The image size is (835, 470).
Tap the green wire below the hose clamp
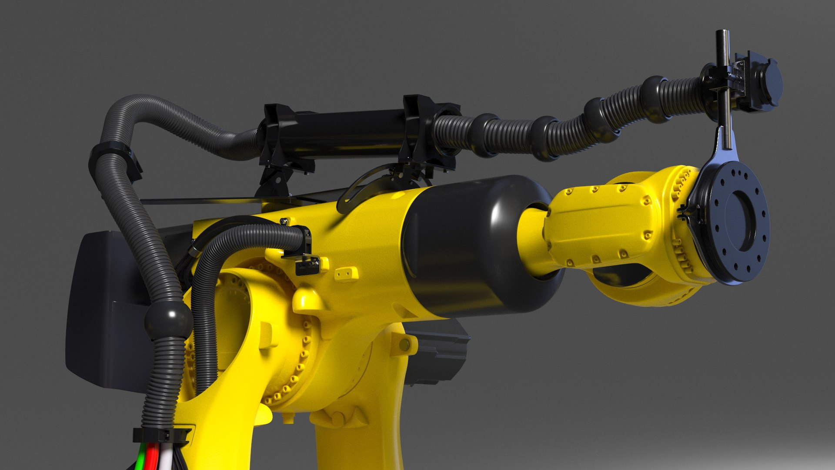coord(140,459)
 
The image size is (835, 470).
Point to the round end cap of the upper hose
coord(769,83)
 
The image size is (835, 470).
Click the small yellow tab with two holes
coord(346,274)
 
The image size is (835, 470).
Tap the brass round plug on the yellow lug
coord(404,345)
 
